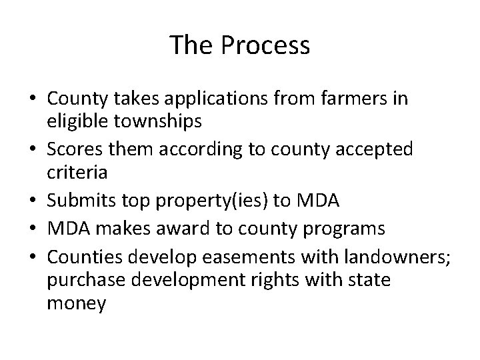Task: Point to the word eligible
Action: click(x=76, y=121)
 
